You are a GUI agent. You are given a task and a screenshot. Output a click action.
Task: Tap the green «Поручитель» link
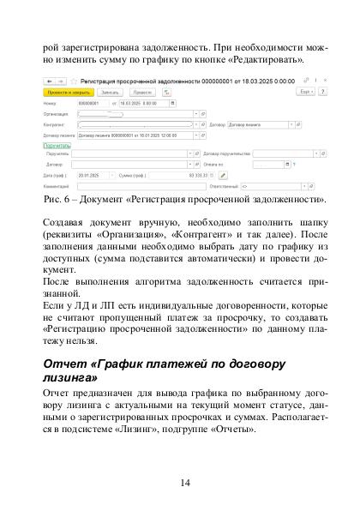click(x=57, y=145)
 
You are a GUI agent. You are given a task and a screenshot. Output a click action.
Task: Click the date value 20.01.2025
click(x=91, y=174)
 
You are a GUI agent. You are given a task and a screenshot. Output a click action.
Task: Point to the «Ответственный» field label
click(x=224, y=185)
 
